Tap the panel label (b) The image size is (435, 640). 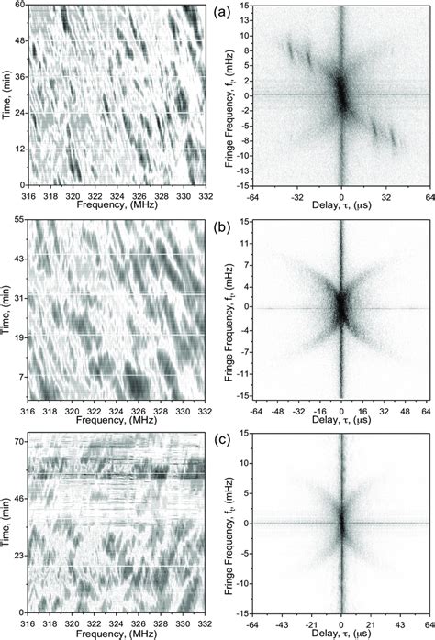coord(222,226)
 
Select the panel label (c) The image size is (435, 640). coord(222,439)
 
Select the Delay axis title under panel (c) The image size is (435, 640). coord(341,633)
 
